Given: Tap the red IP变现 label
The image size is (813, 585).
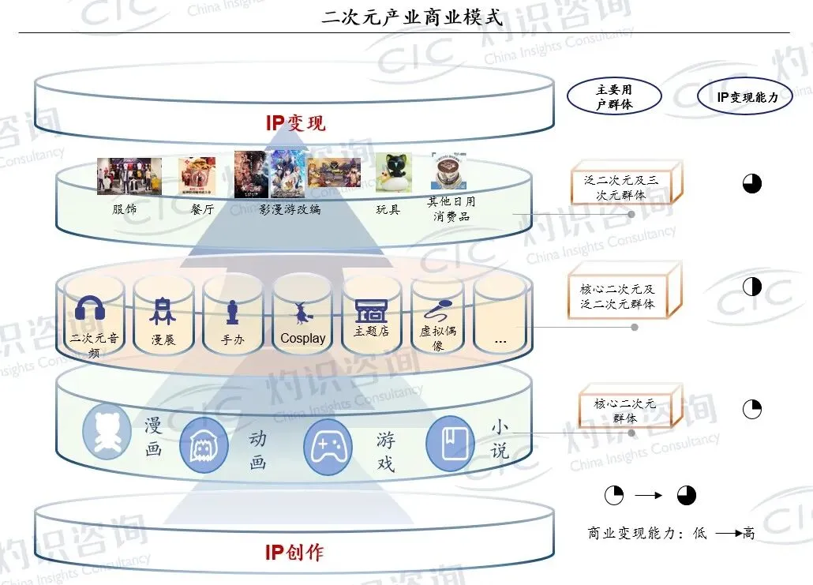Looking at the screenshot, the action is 295,122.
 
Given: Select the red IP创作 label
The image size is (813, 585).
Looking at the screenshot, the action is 294,552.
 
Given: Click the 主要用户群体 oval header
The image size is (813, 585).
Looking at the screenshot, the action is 613,97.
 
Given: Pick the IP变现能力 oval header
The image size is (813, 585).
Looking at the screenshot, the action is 746,97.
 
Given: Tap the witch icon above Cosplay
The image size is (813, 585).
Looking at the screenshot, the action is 302,313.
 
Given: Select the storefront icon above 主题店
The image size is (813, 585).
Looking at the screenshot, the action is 371,310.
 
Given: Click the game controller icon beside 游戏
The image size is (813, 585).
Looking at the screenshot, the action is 328,447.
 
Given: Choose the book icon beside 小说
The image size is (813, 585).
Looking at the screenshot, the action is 450,444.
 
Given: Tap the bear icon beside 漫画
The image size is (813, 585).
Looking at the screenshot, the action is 107,430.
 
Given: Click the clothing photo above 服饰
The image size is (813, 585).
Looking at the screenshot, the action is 129,175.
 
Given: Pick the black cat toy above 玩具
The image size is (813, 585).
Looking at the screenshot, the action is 392,173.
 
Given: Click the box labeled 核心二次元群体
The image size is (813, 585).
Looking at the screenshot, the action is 624,410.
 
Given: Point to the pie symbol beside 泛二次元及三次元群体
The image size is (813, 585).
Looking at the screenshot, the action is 752,183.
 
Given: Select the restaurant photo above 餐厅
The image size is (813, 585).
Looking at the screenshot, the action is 197,175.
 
